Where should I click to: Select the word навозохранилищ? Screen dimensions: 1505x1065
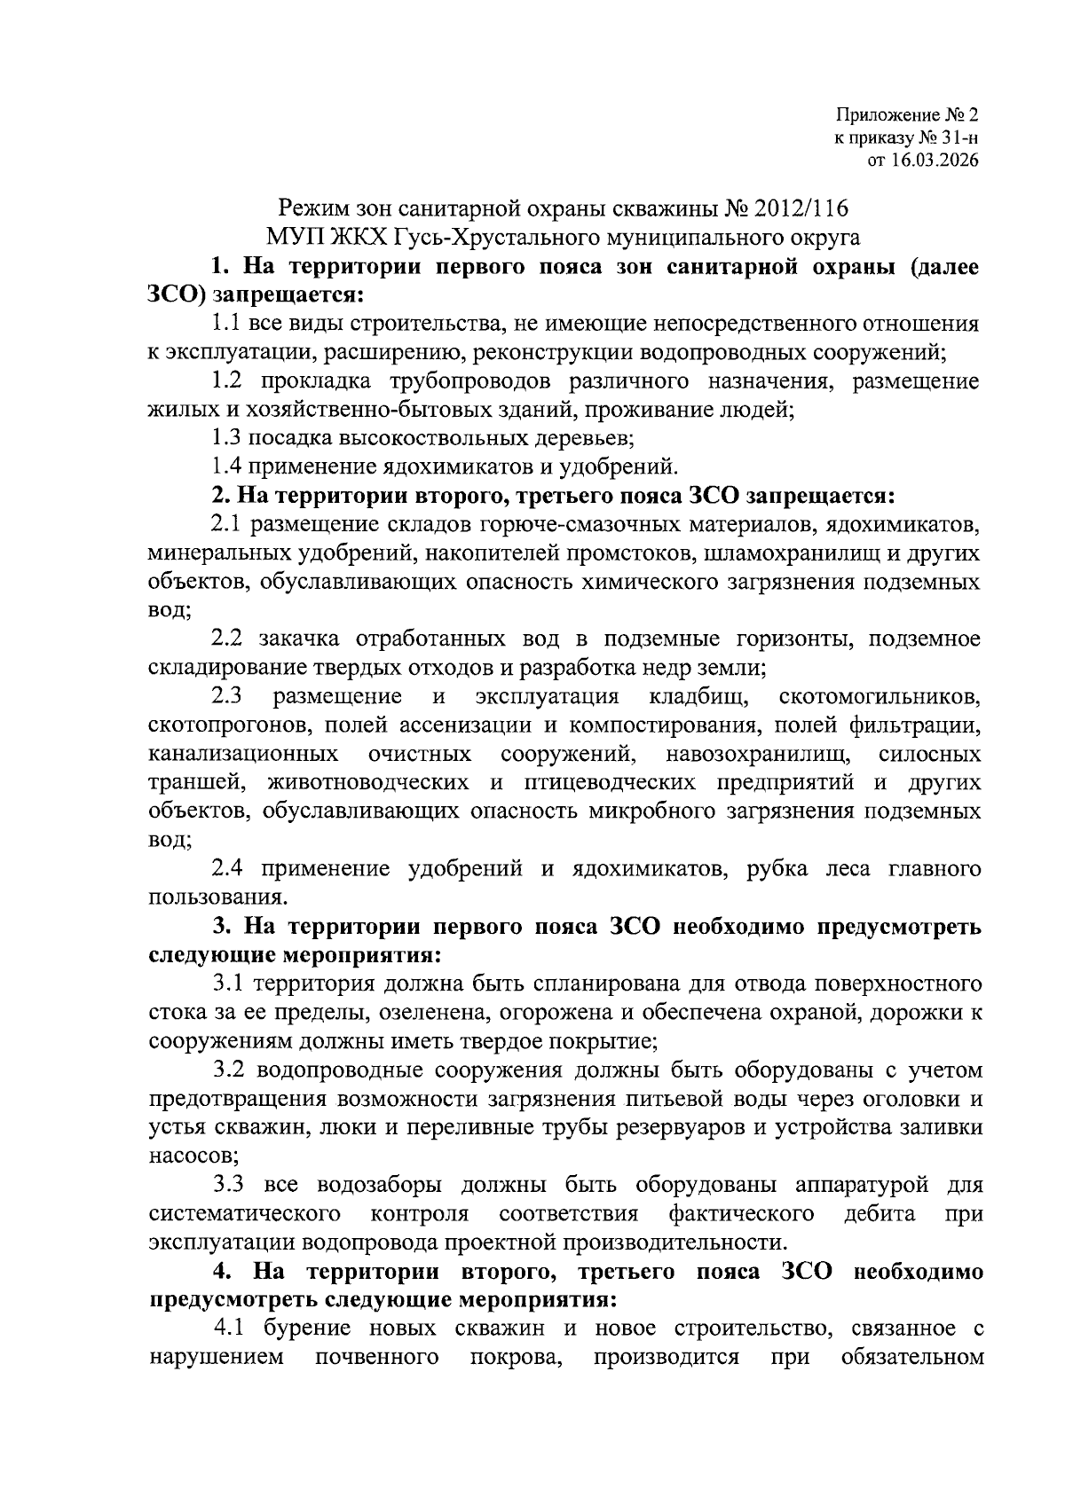(x=758, y=755)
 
